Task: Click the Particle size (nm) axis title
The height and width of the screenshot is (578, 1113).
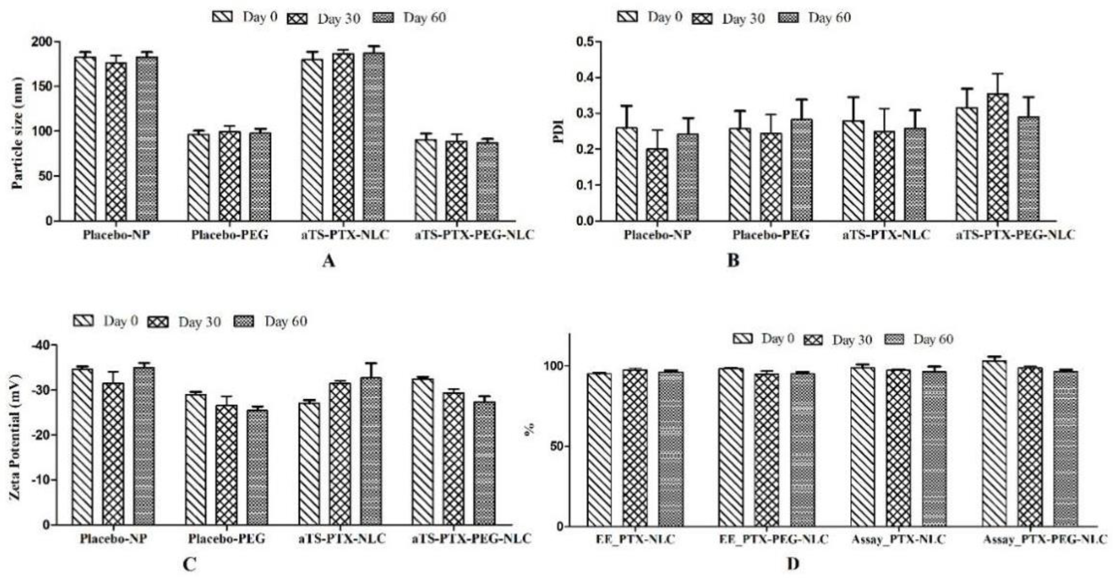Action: coord(17,133)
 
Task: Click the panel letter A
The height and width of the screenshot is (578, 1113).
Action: coord(328,261)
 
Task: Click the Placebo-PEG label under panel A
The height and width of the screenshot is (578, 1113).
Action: coord(230,236)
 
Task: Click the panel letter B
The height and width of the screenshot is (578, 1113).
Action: coord(734,261)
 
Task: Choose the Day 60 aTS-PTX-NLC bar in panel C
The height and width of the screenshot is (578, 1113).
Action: coord(371,451)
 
